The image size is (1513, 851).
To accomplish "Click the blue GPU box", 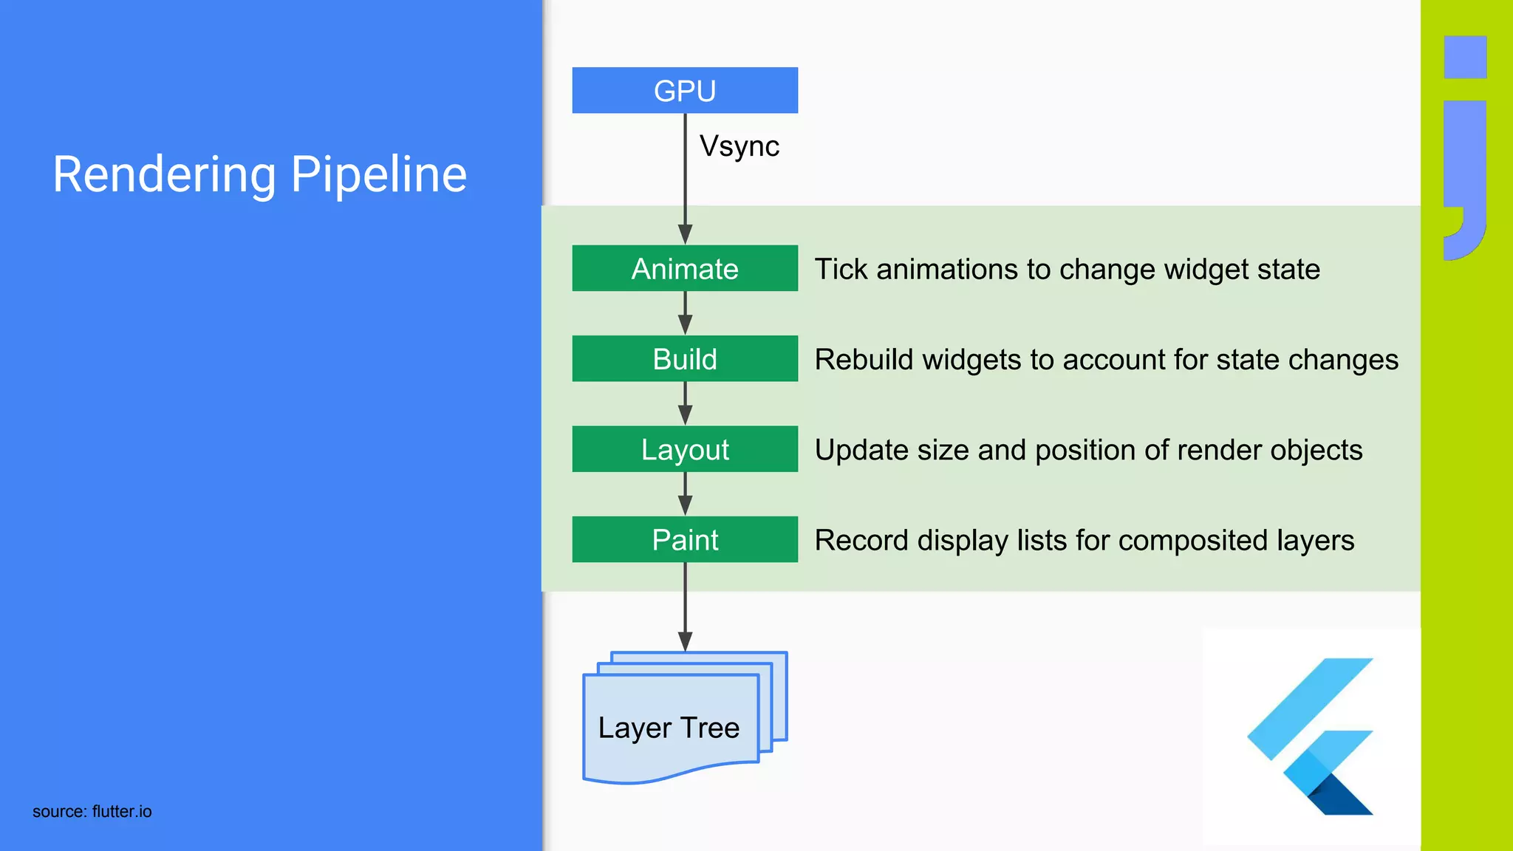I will click(x=685, y=90).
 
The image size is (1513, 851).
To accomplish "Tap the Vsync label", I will click(x=739, y=146).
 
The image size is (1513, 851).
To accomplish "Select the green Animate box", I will click(x=685, y=268).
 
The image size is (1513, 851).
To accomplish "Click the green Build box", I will click(x=685, y=359).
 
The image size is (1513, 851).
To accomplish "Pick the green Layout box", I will click(x=685, y=449).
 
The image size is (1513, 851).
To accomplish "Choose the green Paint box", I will click(x=685, y=539).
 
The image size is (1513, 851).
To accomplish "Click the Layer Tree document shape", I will click(x=669, y=728).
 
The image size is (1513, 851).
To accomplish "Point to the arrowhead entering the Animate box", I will click(x=686, y=234).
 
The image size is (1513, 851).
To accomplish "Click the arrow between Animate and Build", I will click(x=686, y=314).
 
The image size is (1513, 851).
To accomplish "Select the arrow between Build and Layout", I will click(x=686, y=404).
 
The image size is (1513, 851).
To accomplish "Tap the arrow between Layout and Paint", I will click(x=686, y=494).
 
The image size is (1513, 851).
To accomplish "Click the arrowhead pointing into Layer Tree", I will click(x=686, y=641).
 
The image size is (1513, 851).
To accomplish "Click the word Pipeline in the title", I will click(x=378, y=176).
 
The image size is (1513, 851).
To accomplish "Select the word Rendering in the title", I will click(x=164, y=176).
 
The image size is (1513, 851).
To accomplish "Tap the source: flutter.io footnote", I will click(x=92, y=811).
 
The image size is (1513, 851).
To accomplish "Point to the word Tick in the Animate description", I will click(x=841, y=270).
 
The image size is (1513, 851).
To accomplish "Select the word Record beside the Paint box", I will click(x=861, y=540).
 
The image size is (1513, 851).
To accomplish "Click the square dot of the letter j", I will click(x=1465, y=57).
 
